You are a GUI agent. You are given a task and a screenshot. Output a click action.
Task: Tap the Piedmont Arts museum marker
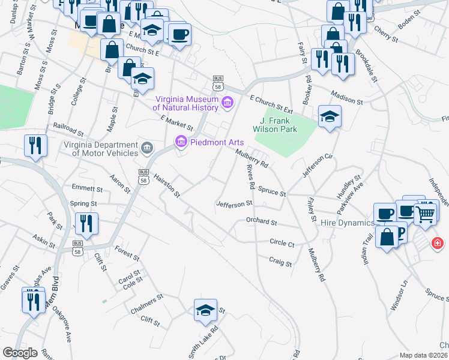pyautogui.click(x=179, y=142)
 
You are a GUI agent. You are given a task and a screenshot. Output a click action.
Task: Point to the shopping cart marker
pyautogui.click(x=426, y=213)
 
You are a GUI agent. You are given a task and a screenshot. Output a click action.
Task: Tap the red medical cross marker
pyautogui.click(x=438, y=244)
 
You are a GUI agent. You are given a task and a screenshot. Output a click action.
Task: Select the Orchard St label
pyautogui.click(x=261, y=221)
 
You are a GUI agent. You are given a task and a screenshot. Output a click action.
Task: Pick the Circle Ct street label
pyautogui.click(x=282, y=244)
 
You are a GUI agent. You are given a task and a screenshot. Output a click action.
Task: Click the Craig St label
pyautogui.click(x=280, y=263)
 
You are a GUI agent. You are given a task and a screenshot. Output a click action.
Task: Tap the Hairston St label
pyautogui.click(x=167, y=184)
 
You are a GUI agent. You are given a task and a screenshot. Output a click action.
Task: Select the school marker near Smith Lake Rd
pyautogui.click(x=205, y=311)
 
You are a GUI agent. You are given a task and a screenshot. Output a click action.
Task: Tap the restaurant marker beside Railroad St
pyautogui.click(x=35, y=146)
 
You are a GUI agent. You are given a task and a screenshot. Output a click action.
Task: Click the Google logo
pyautogui.click(x=20, y=352)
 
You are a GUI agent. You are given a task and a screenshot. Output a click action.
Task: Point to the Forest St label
pyautogui.click(x=127, y=253)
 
